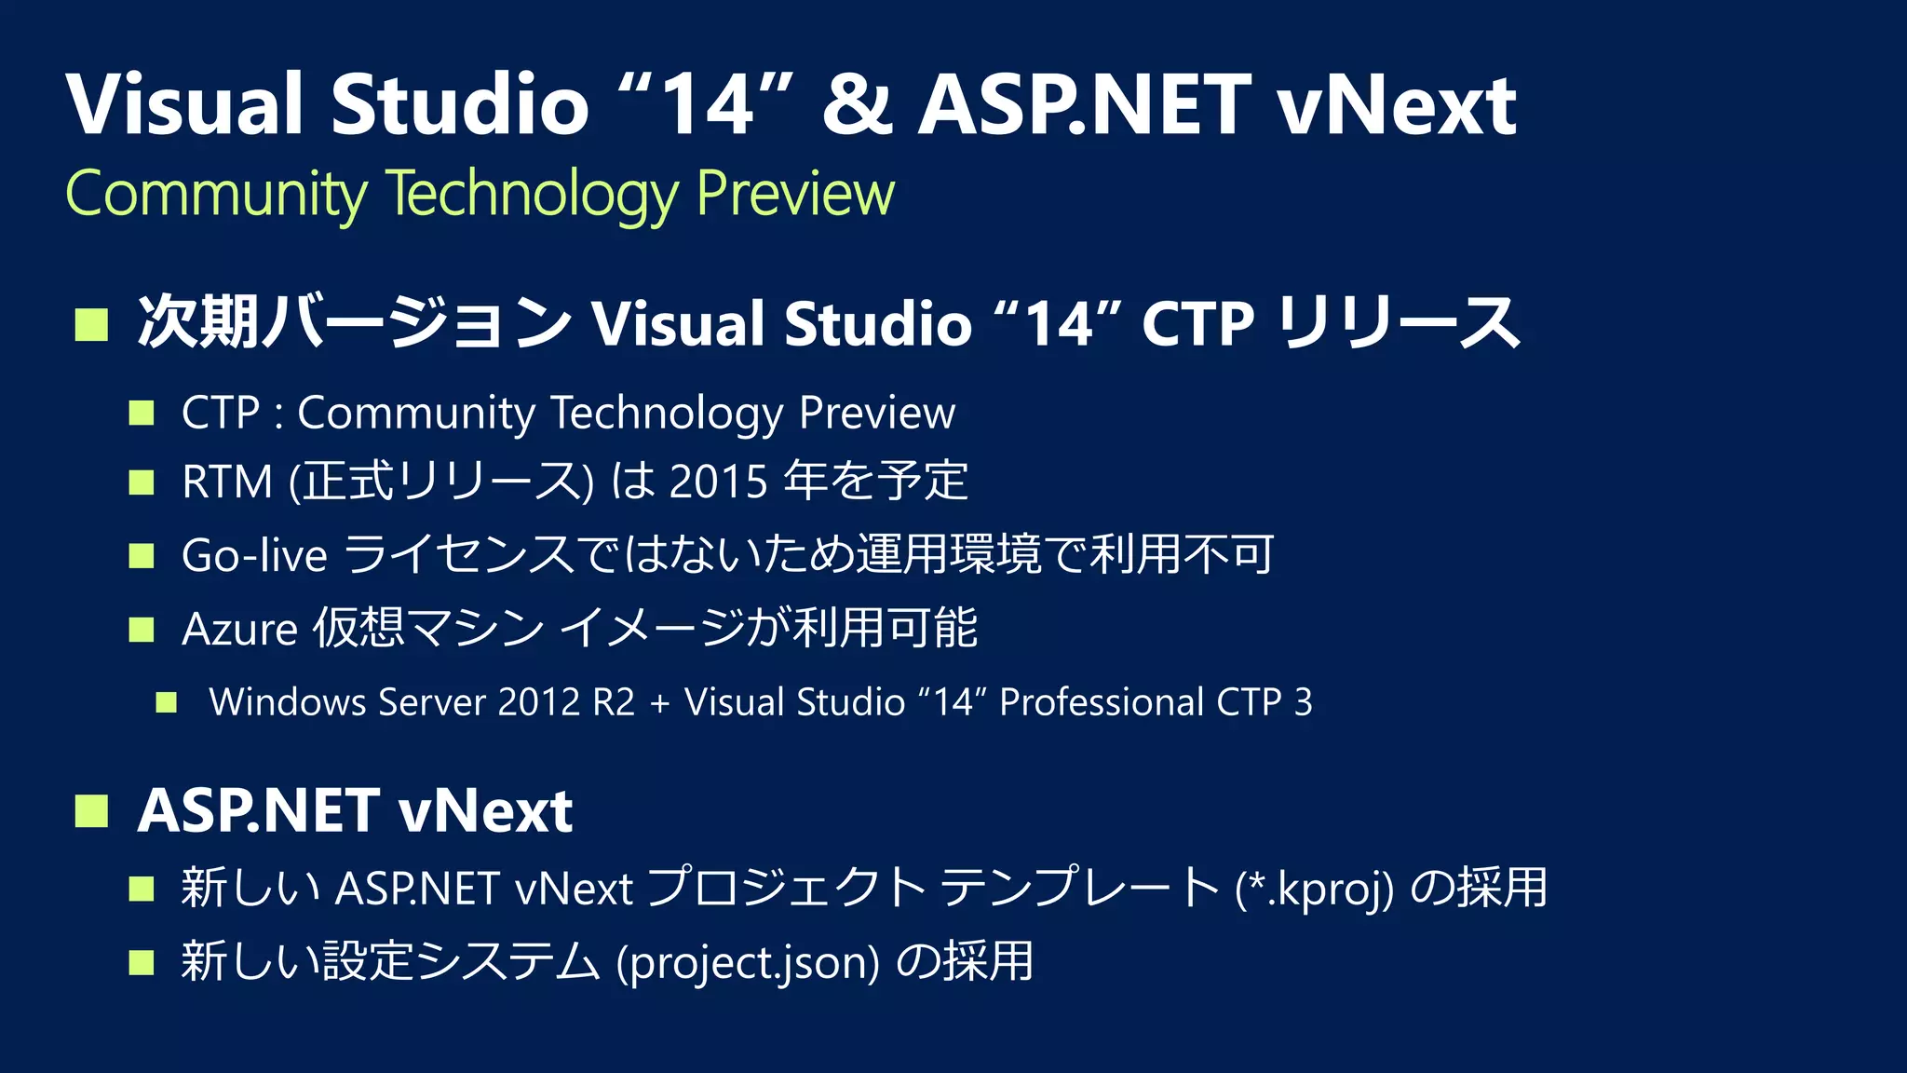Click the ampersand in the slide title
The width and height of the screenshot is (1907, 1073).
[x=857, y=104]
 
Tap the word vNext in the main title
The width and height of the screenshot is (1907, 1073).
[x=1397, y=104]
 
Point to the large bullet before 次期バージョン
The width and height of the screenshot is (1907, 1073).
[x=91, y=324]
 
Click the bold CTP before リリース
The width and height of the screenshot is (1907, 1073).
[x=1197, y=324]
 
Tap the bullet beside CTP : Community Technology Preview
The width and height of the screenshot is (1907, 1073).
[x=142, y=413]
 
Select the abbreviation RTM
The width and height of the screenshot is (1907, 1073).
[x=227, y=482]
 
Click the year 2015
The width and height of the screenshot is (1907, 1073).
[x=718, y=482]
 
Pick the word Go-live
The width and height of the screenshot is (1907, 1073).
[x=254, y=555]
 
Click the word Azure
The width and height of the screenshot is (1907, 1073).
[x=239, y=629]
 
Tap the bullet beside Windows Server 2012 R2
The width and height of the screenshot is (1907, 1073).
[x=167, y=702]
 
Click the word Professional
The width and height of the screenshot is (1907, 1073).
[x=1102, y=702]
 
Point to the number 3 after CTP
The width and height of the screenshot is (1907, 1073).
[x=1303, y=702]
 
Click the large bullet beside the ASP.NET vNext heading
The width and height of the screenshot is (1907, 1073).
[x=91, y=810]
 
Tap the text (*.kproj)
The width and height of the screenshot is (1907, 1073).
[x=1314, y=888]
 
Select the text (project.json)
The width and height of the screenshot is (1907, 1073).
[x=748, y=962]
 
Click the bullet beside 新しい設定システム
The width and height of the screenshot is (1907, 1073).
[x=142, y=962]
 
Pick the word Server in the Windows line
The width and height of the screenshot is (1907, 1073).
[x=432, y=702]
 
